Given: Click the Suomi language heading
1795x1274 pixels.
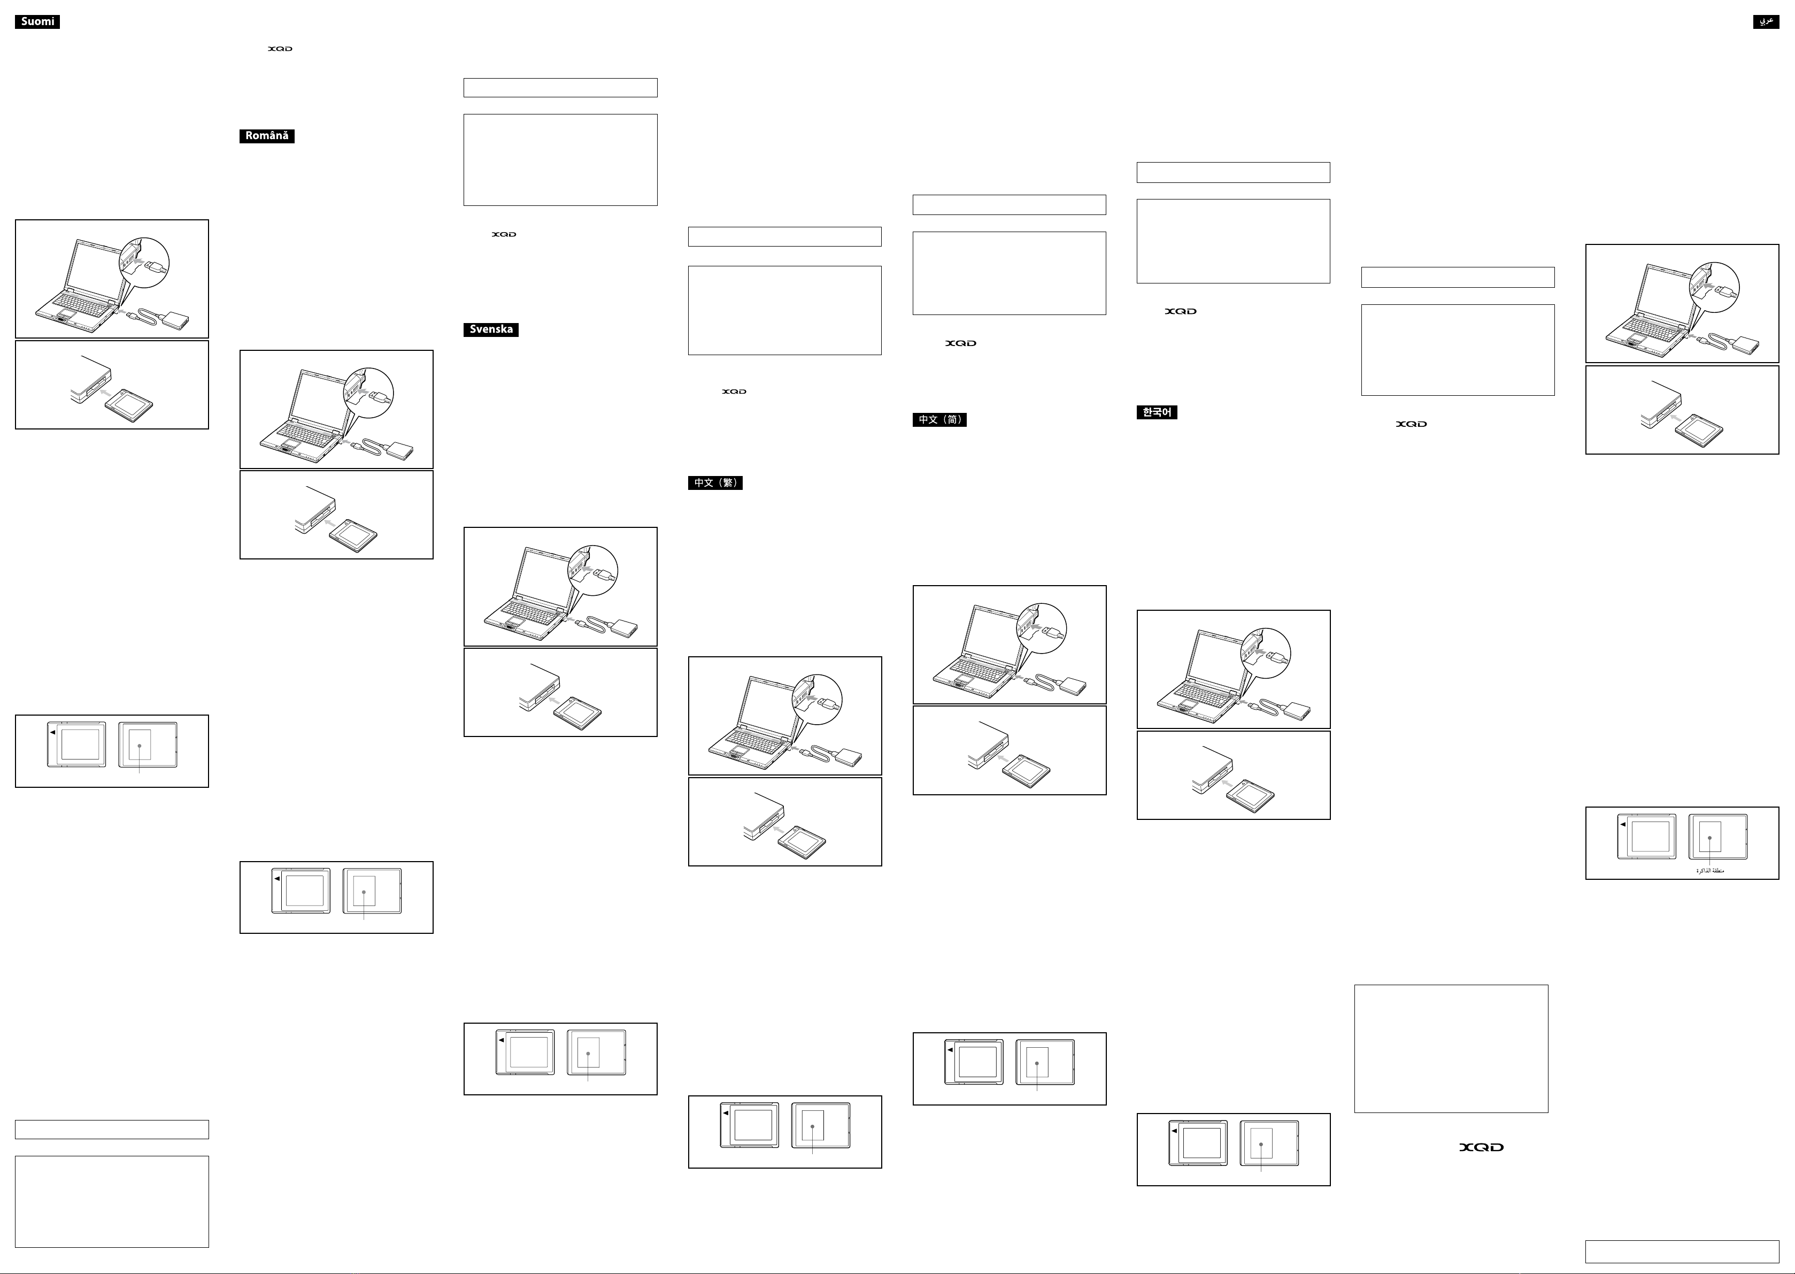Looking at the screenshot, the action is coord(37,22).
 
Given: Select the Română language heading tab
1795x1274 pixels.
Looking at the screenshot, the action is coord(267,136).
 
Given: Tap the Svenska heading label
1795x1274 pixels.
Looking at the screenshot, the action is coord(491,329).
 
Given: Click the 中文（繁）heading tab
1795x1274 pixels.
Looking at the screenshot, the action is coord(715,482).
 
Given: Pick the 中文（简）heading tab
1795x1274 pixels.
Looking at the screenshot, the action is coord(939,420).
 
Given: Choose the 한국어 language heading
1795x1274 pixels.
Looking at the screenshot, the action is coord(1157,412).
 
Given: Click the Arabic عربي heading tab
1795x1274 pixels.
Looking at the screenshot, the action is coord(1766,22).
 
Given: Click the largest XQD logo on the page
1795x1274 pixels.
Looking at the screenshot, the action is coord(1481,1147).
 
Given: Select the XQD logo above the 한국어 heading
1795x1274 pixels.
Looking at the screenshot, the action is coord(1180,311).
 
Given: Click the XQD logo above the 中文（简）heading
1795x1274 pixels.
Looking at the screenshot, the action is coord(961,343).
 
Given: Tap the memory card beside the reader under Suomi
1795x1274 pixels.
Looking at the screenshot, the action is coord(129,405).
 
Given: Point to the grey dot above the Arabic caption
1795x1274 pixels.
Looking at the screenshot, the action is coord(1709,838).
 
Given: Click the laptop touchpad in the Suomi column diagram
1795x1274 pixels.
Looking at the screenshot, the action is coord(67,314).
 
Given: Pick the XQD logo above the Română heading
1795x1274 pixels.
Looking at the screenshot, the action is coord(280,49).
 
